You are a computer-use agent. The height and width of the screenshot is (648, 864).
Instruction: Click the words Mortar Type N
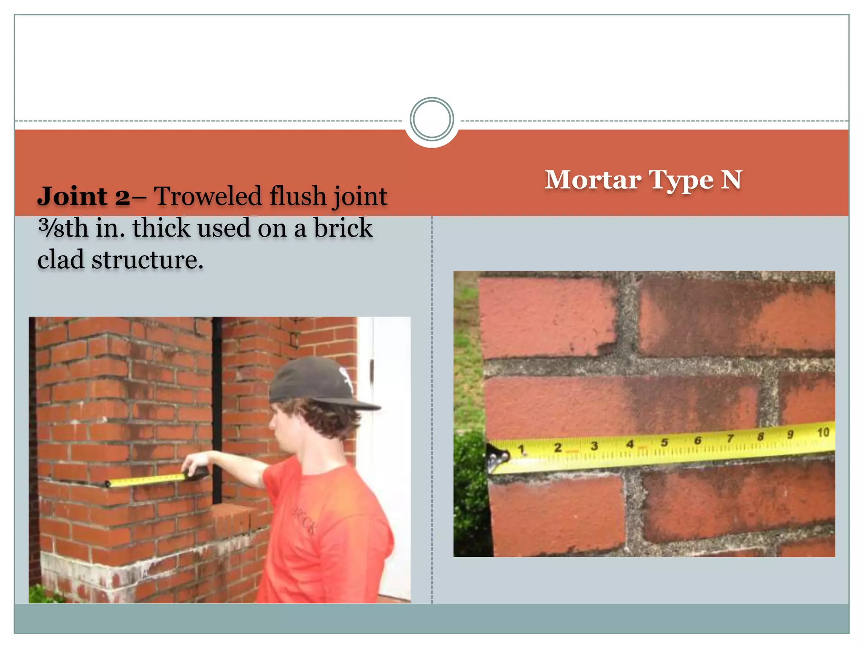click(x=643, y=180)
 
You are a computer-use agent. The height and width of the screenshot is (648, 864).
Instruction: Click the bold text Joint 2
click(x=84, y=197)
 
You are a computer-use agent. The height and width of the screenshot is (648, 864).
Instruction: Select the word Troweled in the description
click(x=208, y=197)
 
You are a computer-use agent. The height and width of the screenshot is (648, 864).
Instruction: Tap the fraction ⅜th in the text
click(x=63, y=228)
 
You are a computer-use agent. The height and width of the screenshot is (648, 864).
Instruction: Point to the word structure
click(x=147, y=259)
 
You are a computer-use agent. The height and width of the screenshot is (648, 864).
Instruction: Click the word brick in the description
click(x=343, y=228)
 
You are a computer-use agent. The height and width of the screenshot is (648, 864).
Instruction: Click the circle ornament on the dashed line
click(x=432, y=119)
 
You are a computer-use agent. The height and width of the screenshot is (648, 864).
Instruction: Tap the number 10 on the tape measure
click(x=823, y=432)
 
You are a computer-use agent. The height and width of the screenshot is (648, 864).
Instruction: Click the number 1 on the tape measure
click(x=521, y=450)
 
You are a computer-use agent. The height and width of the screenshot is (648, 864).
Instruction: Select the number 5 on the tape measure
click(x=664, y=443)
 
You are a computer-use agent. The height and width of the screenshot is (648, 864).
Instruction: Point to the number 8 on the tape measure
click(x=761, y=436)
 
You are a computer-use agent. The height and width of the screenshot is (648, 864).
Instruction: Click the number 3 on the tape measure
click(x=594, y=446)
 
